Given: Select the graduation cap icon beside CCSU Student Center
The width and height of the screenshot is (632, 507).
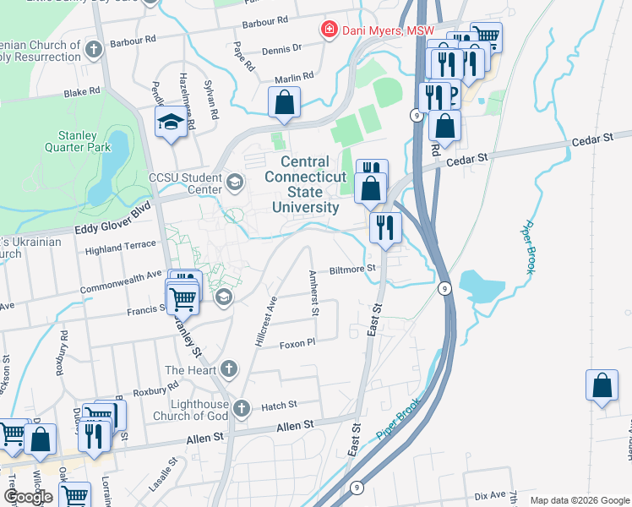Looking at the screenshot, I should pos(234,180).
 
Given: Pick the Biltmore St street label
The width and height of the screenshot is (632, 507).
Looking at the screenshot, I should pos(351,269).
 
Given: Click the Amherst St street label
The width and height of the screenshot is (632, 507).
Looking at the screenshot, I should pos(313,292).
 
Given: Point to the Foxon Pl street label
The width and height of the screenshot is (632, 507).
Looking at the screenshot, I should pos(297,343).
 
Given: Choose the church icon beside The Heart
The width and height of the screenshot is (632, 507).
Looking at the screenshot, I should pos(228,368).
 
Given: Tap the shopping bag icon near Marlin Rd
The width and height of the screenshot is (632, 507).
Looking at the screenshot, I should pos(285,102).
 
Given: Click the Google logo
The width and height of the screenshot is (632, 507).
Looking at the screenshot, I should pos(29,496).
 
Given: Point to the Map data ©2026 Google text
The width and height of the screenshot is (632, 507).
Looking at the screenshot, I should pos(579,500).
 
